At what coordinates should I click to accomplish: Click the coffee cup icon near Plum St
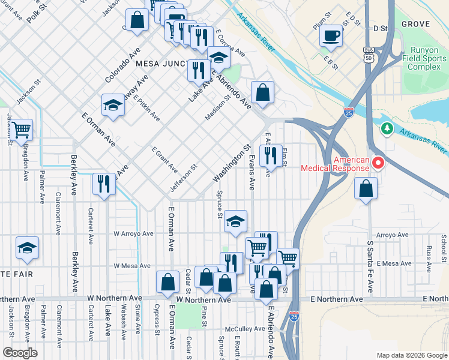pos(330,35)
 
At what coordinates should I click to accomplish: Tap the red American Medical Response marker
pos(378,163)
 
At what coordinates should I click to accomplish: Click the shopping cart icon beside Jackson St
pos(21,129)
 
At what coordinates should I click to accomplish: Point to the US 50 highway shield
pos(369,55)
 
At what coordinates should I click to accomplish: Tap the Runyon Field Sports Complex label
pos(425,58)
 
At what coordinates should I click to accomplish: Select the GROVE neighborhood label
pos(415,24)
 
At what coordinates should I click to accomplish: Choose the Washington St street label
pos(231,163)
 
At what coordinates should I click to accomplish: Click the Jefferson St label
pos(184,179)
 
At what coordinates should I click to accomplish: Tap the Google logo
pos(20,353)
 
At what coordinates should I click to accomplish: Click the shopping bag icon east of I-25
pos(366,189)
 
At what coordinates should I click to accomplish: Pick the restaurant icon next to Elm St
pos(271,156)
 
